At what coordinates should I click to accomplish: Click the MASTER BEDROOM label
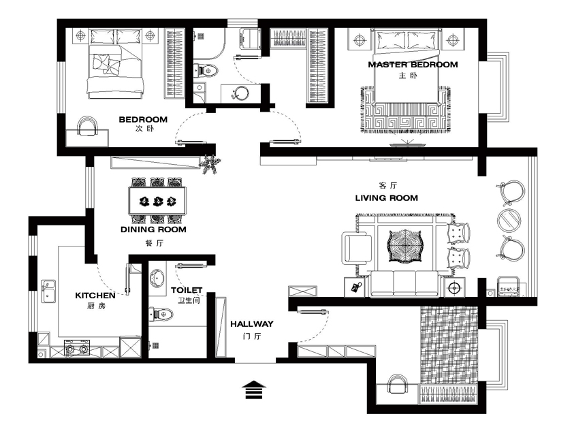pyautogui.click(x=413, y=65)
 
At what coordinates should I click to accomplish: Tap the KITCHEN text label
pyautogui.click(x=95, y=295)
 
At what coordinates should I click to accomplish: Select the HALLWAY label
pyautogui.click(x=252, y=323)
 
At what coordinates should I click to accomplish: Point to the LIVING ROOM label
pyautogui.click(x=386, y=197)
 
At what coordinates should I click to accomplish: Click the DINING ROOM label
pyautogui.click(x=153, y=229)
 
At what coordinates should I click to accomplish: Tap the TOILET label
pyautogui.click(x=187, y=290)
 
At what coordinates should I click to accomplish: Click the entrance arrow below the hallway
pyautogui.click(x=254, y=390)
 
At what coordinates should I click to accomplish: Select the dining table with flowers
pyautogui.click(x=157, y=201)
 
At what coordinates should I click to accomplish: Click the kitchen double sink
pyautogui.click(x=48, y=291)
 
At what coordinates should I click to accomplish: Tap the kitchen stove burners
pyautogui.click(x=77, y=349)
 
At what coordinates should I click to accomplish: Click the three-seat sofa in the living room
pyautogui.click(x=404, y=283)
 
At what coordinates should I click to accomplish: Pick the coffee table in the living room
pyautogui.click(x=405, y=247)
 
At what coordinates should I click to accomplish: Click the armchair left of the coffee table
pyautogui.click(x=356, y=248)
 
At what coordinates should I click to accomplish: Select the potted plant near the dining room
pyautogui.click(x=210, y=165)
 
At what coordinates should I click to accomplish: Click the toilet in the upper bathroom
pyautogui.click(x=206, y=70)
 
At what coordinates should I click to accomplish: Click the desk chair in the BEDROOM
pyautogui.click(x=88, y=126)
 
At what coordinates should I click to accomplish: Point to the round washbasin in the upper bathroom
pyautogui.click(x=241, y=93)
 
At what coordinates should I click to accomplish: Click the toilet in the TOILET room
pyautogui.click(x=161, y=314)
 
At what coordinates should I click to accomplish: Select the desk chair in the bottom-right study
pyautogui.click(x=397, y=384)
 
